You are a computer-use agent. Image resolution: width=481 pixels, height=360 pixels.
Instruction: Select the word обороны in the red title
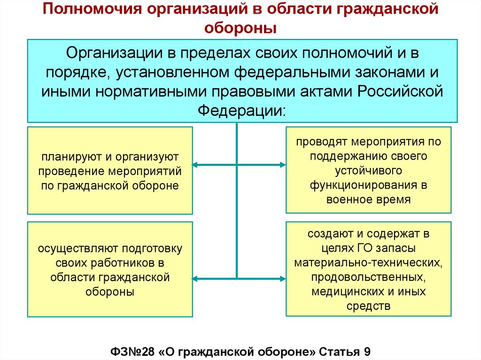point(240,28)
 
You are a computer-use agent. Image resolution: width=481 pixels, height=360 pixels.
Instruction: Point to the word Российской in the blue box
point(401,92)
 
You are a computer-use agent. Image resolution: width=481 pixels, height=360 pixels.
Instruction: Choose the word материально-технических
point(368,262)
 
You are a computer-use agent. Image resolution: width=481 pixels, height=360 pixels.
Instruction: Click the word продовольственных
point(368,277)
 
